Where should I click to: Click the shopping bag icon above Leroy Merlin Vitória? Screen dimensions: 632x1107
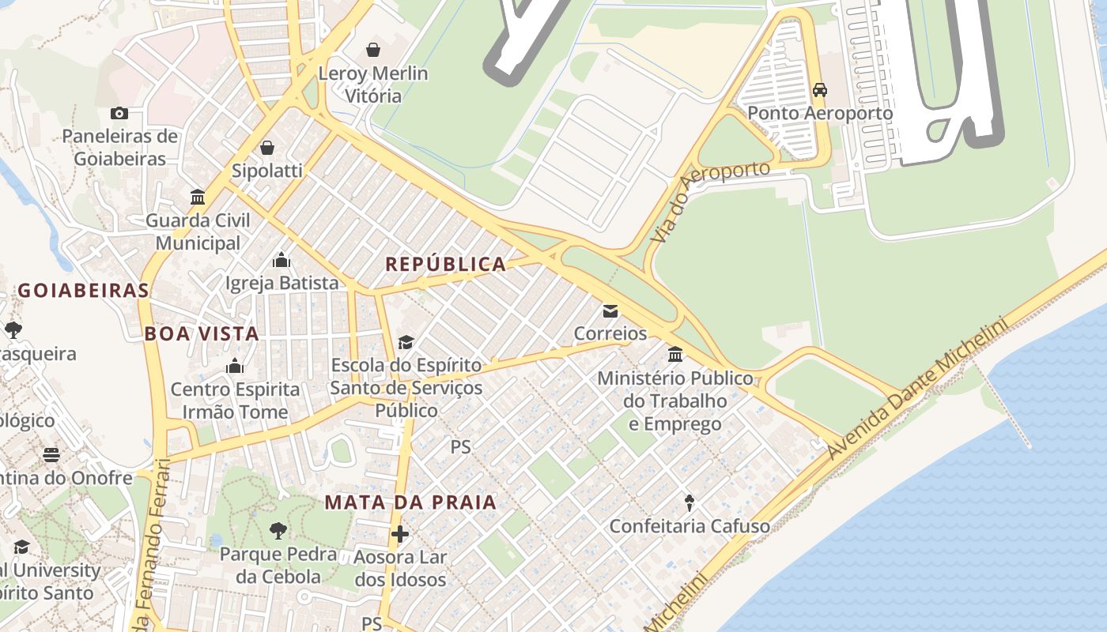373,51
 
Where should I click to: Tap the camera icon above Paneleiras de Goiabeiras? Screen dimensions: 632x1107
119,113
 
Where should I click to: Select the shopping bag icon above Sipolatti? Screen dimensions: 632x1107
267,148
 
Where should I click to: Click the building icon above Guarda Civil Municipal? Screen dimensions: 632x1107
198,197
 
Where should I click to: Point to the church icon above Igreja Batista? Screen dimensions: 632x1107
281,260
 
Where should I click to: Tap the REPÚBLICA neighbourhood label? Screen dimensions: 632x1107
445,265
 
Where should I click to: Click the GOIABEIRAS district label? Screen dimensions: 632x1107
83,291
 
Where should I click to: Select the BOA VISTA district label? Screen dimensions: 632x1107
202,333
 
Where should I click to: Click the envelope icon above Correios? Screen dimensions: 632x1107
610,310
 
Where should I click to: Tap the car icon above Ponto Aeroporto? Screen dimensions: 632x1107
820,90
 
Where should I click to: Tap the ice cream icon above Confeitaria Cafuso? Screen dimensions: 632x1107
690,502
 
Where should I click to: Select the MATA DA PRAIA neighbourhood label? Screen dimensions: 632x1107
410,502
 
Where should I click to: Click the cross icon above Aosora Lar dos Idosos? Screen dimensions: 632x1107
400,534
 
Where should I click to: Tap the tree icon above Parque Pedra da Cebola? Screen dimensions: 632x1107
278,531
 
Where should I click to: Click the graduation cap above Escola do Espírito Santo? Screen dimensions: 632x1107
406,342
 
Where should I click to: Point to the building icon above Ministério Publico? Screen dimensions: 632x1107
675,355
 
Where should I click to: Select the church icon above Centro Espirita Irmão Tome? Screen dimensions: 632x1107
235,366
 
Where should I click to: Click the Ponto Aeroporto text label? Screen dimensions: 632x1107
820,114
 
